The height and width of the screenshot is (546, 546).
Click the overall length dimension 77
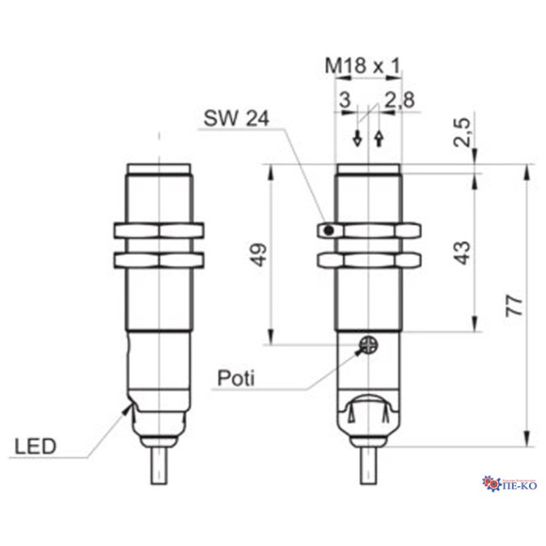tap(515, 305)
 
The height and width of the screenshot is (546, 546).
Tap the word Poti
tap(235, 378)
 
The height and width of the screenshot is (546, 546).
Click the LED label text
tap(34, 446)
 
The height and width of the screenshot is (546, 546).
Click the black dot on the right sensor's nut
tap(328, 231)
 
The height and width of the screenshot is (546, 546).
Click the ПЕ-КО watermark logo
tap(509, 483)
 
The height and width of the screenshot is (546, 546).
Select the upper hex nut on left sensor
tap(159, 231)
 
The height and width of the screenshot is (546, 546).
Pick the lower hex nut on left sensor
tap(159, 260)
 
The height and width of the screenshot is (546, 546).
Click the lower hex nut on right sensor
tap(367, 260)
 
